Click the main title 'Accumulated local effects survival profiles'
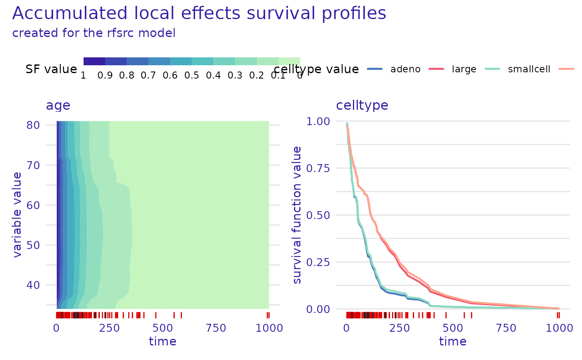click(x=199, y=13)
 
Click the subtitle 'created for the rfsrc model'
click(x=94, y=33)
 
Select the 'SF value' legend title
click(x=51, y=69)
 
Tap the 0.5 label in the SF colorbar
click(x=191, y=76)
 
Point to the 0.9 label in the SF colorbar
click(x=105, y=76)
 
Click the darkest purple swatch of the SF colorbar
click(x=94, y=62)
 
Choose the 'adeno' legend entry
click(x=405, y=69)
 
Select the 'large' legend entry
click(x=464, y=69)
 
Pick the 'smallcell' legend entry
click(x=529, y=69)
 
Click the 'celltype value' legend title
click(x=317, y=69)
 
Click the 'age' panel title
click(x=58, y=105)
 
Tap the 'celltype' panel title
click(x=362, y=105)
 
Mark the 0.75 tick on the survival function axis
click(x=318, y=168)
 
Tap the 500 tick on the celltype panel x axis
click(x=452, y=328)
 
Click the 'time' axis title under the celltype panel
click(x=452, y=342)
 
